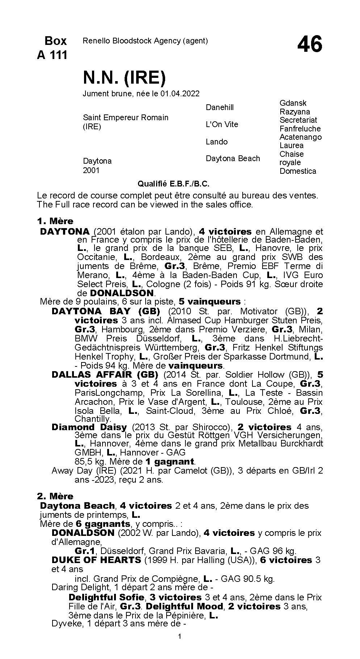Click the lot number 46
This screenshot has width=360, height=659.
point(310,45)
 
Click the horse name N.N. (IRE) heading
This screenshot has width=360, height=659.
point(124,77)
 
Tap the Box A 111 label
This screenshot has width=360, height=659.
point(52,48)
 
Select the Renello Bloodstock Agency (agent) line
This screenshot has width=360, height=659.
point(145,41)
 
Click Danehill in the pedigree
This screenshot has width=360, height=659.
point(220,108)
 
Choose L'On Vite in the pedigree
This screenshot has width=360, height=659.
point(222,125)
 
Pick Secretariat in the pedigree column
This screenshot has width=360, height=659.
point(298,120)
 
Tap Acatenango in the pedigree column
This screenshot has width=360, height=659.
point(301,137)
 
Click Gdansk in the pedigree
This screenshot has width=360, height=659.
point(293,103)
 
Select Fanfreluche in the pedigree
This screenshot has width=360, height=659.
point(300,129)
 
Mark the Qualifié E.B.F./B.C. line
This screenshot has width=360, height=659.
point(174,184)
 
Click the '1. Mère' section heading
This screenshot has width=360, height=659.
point(55,221)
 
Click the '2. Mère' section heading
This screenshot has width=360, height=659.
point(55,496)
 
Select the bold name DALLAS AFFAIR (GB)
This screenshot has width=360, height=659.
point(105,375)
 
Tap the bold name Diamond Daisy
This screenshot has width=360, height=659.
point(89,427)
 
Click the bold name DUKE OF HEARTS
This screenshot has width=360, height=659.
point(96,560)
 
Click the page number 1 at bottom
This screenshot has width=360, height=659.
point(180,647)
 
